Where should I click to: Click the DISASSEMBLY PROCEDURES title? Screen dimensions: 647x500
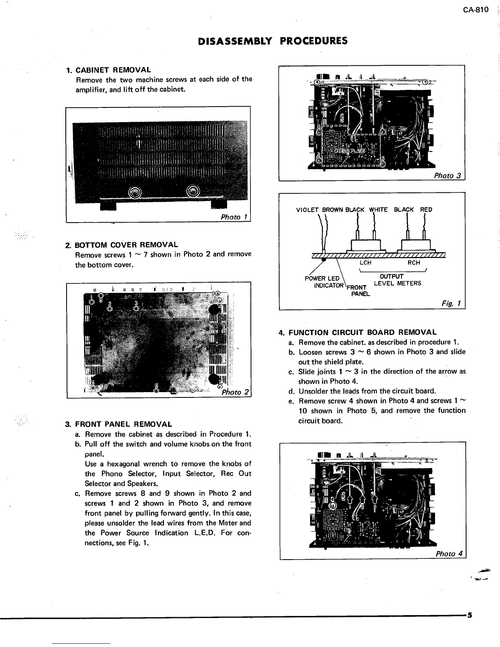click(272, 41)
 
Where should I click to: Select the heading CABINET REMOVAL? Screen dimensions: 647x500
click(113, 70)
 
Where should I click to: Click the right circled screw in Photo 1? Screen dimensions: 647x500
click(193, 191)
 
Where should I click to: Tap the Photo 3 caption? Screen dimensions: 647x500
click(447, 176)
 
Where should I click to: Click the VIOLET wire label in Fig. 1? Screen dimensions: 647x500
click(308, 210)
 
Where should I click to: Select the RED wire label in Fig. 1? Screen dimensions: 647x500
click(426, 210)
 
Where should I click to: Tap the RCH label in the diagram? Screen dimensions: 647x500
click(414, 263)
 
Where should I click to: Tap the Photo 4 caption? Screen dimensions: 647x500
click(449, 554)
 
